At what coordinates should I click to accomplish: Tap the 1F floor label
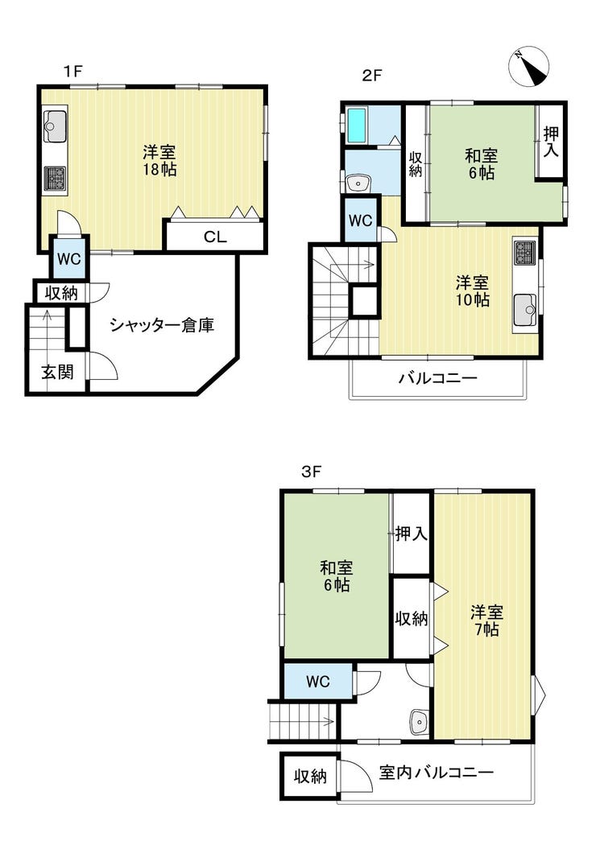[72, 71]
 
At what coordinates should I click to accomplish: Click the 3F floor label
[312, 472]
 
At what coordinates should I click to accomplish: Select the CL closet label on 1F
[215, 237]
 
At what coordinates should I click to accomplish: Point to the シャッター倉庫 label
[163, 326]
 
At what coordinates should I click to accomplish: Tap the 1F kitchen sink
[55, 125]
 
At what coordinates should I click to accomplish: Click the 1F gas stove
[55, 178]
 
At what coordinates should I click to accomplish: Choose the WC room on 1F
[68, 259]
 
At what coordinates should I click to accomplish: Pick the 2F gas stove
[524, 254]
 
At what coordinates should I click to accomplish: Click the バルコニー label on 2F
[437, 377]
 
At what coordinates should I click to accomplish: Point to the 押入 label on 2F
[551, 141]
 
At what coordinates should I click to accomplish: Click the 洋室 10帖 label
[472, 291]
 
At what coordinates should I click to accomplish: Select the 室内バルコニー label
[436, 773]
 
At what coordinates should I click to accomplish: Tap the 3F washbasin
[420, 721]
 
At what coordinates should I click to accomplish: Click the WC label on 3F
[318, 682]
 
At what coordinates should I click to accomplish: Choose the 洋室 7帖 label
[486, 620]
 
